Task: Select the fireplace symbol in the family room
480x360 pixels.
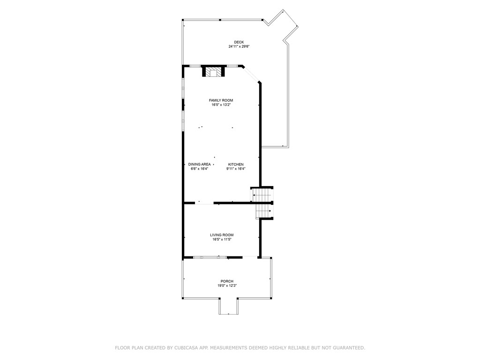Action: pos(213,72)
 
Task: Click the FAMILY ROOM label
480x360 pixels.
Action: pos(221,100)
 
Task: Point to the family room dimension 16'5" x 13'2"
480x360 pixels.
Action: pos(221,105)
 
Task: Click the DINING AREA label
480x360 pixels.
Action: pos(199,165)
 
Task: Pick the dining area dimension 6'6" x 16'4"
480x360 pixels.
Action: pos(199,169)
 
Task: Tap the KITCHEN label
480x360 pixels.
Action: pos(236,165)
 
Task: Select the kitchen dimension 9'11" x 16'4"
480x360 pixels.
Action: pos(236,169)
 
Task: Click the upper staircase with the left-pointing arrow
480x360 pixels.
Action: pos(262,195)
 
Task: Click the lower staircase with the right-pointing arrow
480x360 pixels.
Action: pos(263,211)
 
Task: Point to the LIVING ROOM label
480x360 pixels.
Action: pos(221,235)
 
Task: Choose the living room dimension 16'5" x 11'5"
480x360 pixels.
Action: pos(221,240)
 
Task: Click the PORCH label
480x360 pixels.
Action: pos(227,281)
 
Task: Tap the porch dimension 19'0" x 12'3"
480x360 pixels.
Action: pos(227,285)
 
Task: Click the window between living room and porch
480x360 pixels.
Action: pos(210,257)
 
